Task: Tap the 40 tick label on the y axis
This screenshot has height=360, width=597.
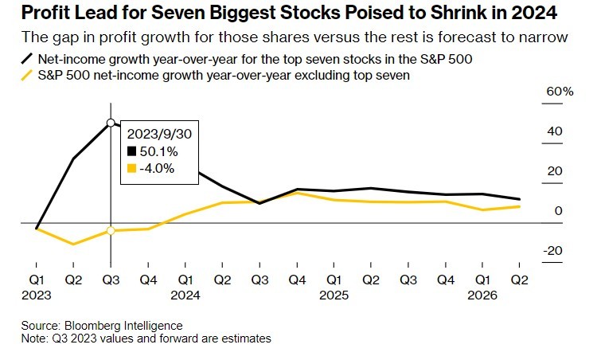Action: coord(555,131)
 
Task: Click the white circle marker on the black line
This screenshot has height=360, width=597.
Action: coord(111,123)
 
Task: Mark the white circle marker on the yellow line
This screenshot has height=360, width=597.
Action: coord(111,231)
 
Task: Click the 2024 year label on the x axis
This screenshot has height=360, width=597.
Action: coord(185,294)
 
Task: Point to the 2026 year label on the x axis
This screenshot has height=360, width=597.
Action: coord(483,294)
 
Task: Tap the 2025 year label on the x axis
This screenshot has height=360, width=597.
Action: coord(334,294)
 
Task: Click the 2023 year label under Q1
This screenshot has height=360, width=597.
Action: coord(37,294)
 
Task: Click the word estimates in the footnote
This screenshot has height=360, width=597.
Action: coord(246,338)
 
